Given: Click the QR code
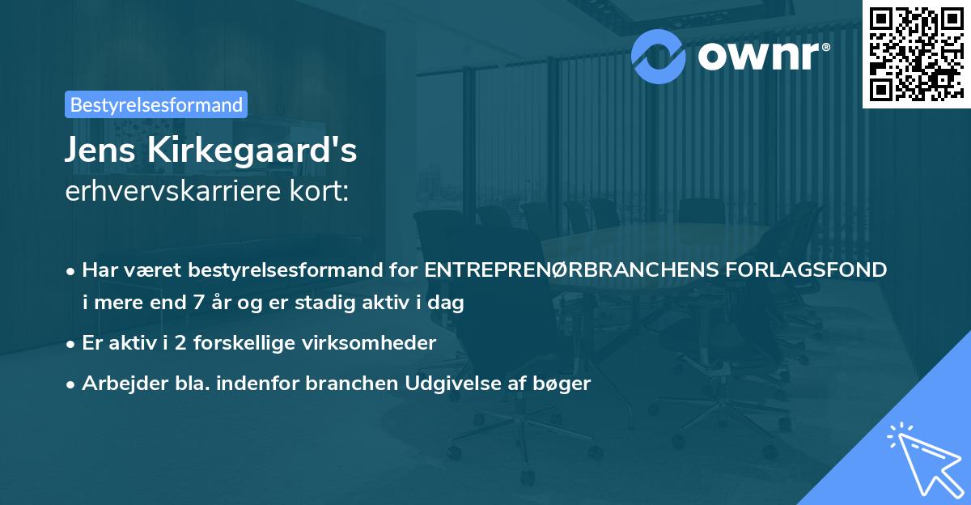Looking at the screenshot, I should [916, 53].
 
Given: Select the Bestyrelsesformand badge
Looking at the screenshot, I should [156, 104].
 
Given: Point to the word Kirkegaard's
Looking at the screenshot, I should [251, 151].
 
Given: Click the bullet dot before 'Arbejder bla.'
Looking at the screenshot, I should [71, 384].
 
